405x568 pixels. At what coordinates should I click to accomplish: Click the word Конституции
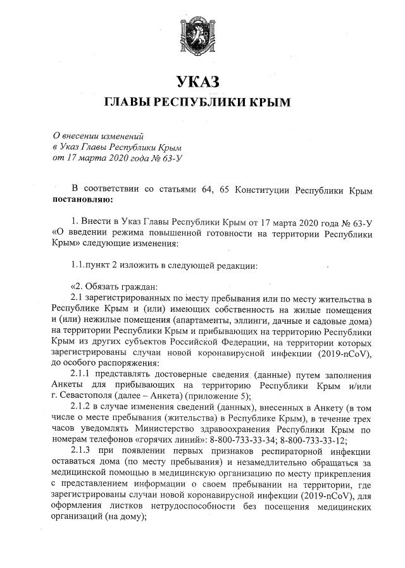266,190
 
